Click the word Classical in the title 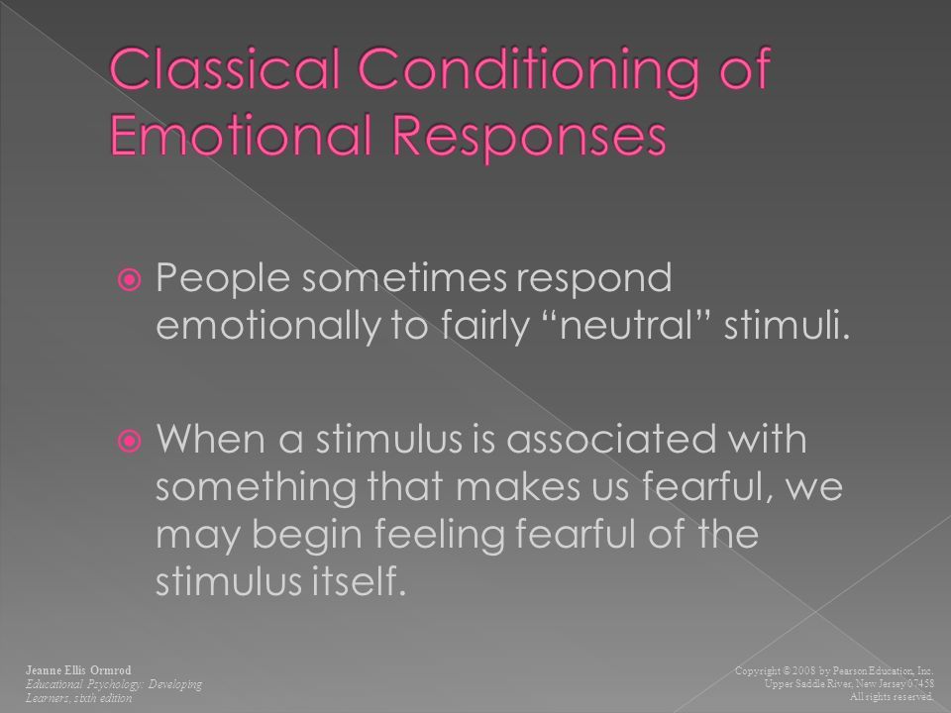[x=225, y=68]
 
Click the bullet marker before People [x=129, y=280]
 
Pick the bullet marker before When [x=129, y=441]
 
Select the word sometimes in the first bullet [x=404, y=278]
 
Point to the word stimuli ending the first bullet [x=785, y=325]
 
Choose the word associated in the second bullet [x=611, y=439]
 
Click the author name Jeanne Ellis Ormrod [x=78, y=670]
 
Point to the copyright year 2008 [x=804, y=670]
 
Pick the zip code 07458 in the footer [x=920, y=684]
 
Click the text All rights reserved [x=892, y=697]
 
